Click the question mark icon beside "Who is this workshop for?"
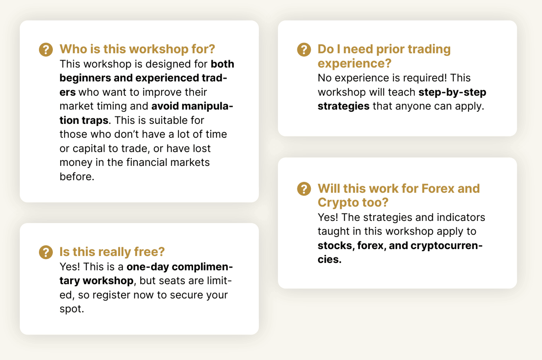tap(46, 50)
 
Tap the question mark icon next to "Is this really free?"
tap(46, 252)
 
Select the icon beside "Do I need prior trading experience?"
tap(304, 50)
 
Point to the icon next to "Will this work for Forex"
tap(304, 189)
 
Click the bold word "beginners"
tap(85, 78)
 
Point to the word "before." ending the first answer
tap(77, 176)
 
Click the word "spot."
tap(71, 309)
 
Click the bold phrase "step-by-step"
tap(452, 92)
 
